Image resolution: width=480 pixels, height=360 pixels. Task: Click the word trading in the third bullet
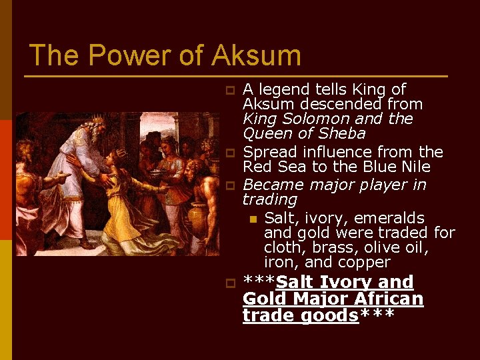269,199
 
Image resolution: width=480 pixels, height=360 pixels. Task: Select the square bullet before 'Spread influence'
229,153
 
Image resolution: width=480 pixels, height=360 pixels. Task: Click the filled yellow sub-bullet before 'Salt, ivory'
253,219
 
